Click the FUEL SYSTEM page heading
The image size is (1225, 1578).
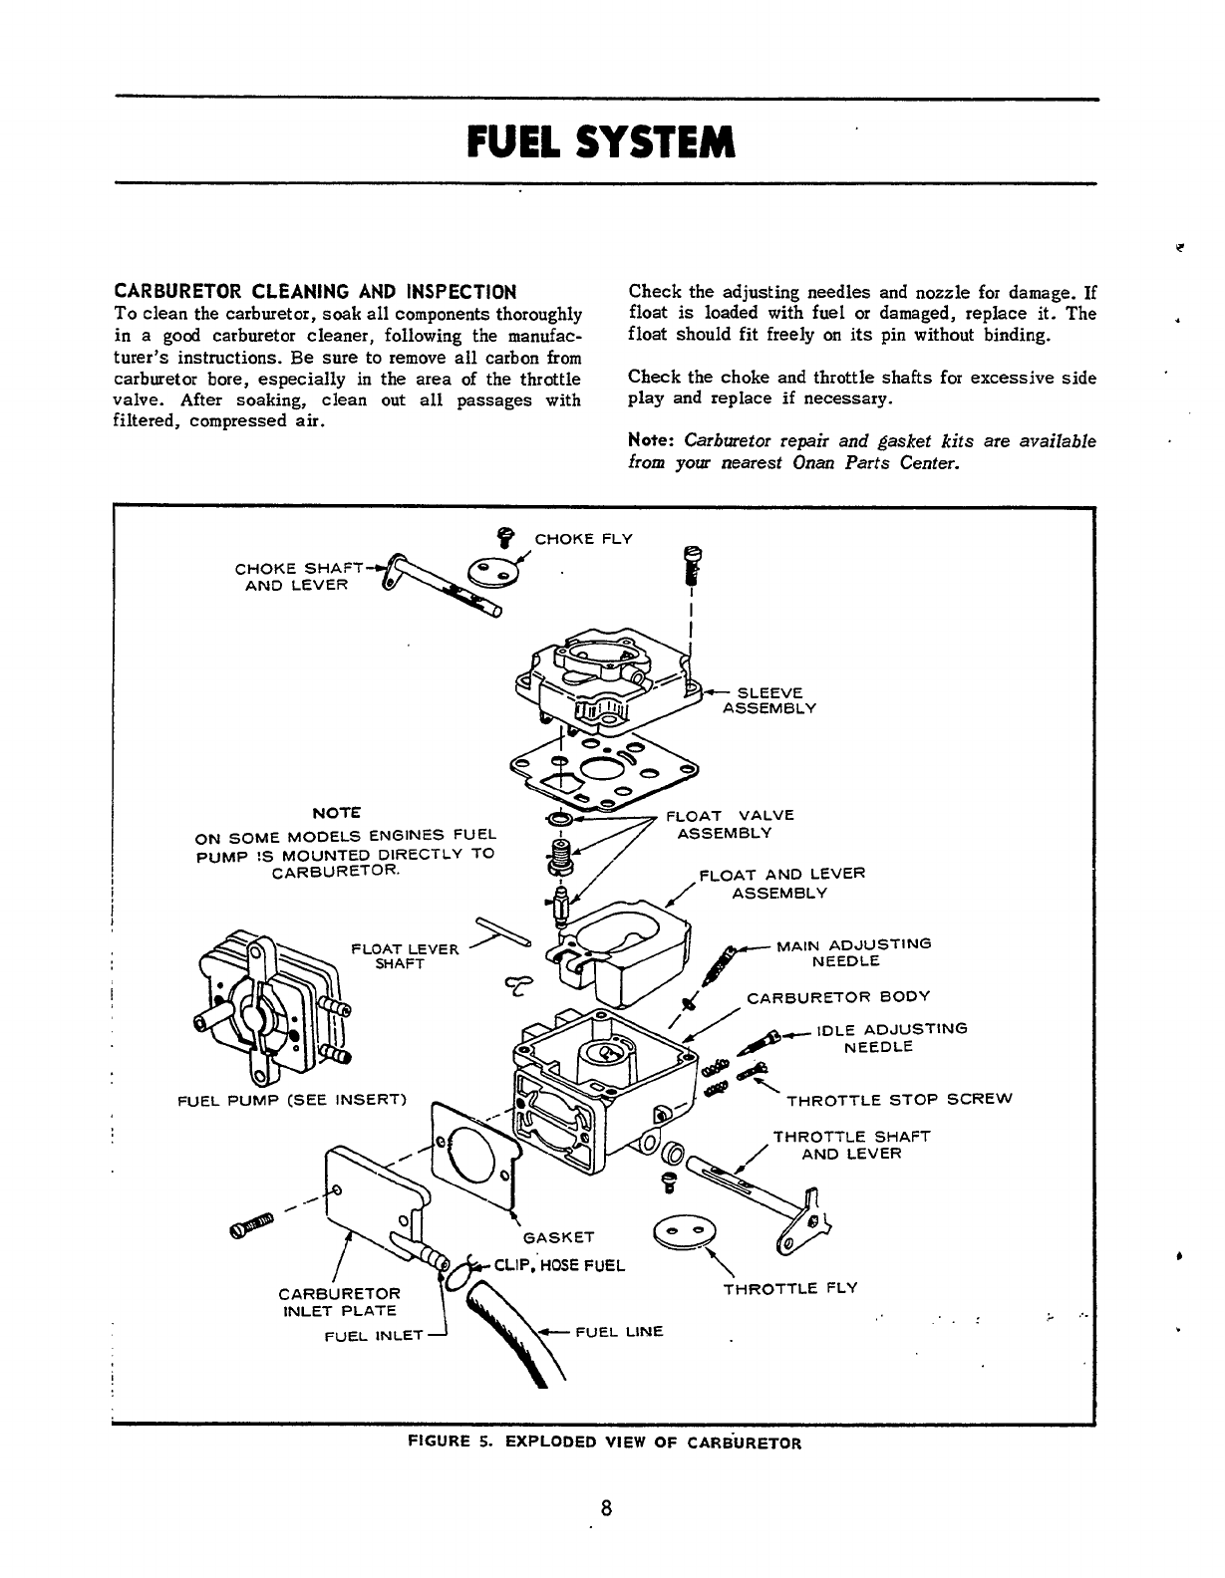click(601, 141)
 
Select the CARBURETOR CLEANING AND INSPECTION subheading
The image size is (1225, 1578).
click(316, 292)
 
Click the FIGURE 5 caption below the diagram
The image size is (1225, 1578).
click(605, 1442)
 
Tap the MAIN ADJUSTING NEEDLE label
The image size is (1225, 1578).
click(852, 952)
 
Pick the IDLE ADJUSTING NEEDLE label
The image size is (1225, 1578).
click(889, 1038)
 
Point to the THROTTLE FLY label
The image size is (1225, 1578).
click(790, 1288)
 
